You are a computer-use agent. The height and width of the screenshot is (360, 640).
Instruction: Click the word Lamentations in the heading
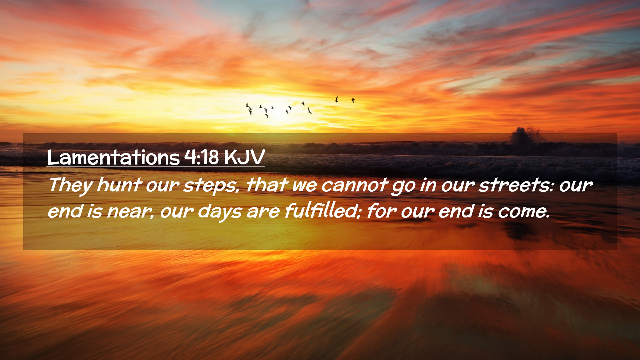(x=113, y=157)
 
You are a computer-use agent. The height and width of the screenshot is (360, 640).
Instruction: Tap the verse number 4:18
(x=202, y=157)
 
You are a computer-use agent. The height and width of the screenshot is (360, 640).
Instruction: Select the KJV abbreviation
(x=245, y=157)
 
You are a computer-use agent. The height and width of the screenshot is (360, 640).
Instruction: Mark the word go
(x=403, y=187)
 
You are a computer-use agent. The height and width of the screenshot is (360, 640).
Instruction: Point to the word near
(x=130, y=212)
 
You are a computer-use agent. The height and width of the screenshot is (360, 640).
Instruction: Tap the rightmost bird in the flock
(x=353, y=100)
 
